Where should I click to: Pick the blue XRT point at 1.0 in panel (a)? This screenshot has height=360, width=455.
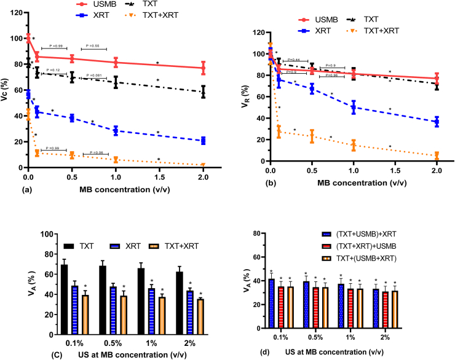tap(116, 130)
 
